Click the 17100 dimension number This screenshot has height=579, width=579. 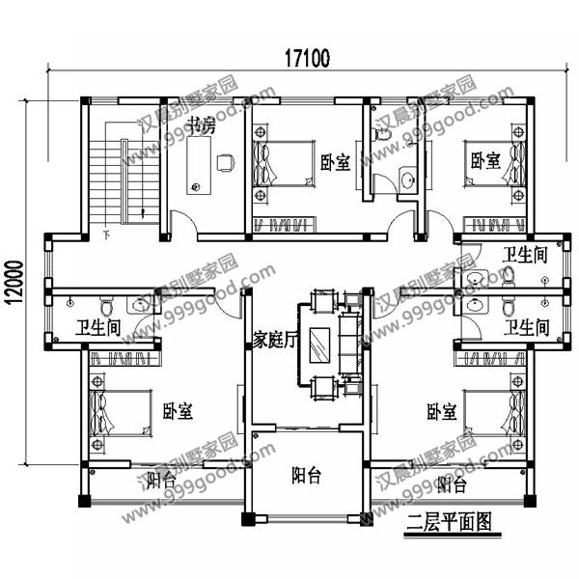tap(306, 58)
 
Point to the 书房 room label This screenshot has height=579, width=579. tap(200, 124)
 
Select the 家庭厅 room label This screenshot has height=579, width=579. tap(273, 340)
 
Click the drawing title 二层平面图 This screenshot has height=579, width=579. tap(449, 524)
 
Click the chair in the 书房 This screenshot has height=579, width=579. tap(226, 163)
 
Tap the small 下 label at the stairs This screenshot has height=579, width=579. tap(105, 234)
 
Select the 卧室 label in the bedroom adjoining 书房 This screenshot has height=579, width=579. tap(334, 163)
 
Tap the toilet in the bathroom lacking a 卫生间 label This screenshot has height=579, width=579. tap(383, 139)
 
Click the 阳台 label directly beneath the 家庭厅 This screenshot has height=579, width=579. tap(307, 475)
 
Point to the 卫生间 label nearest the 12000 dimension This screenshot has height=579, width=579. tap(97, 327)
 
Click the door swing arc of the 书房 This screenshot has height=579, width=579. tap(184, 225)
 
